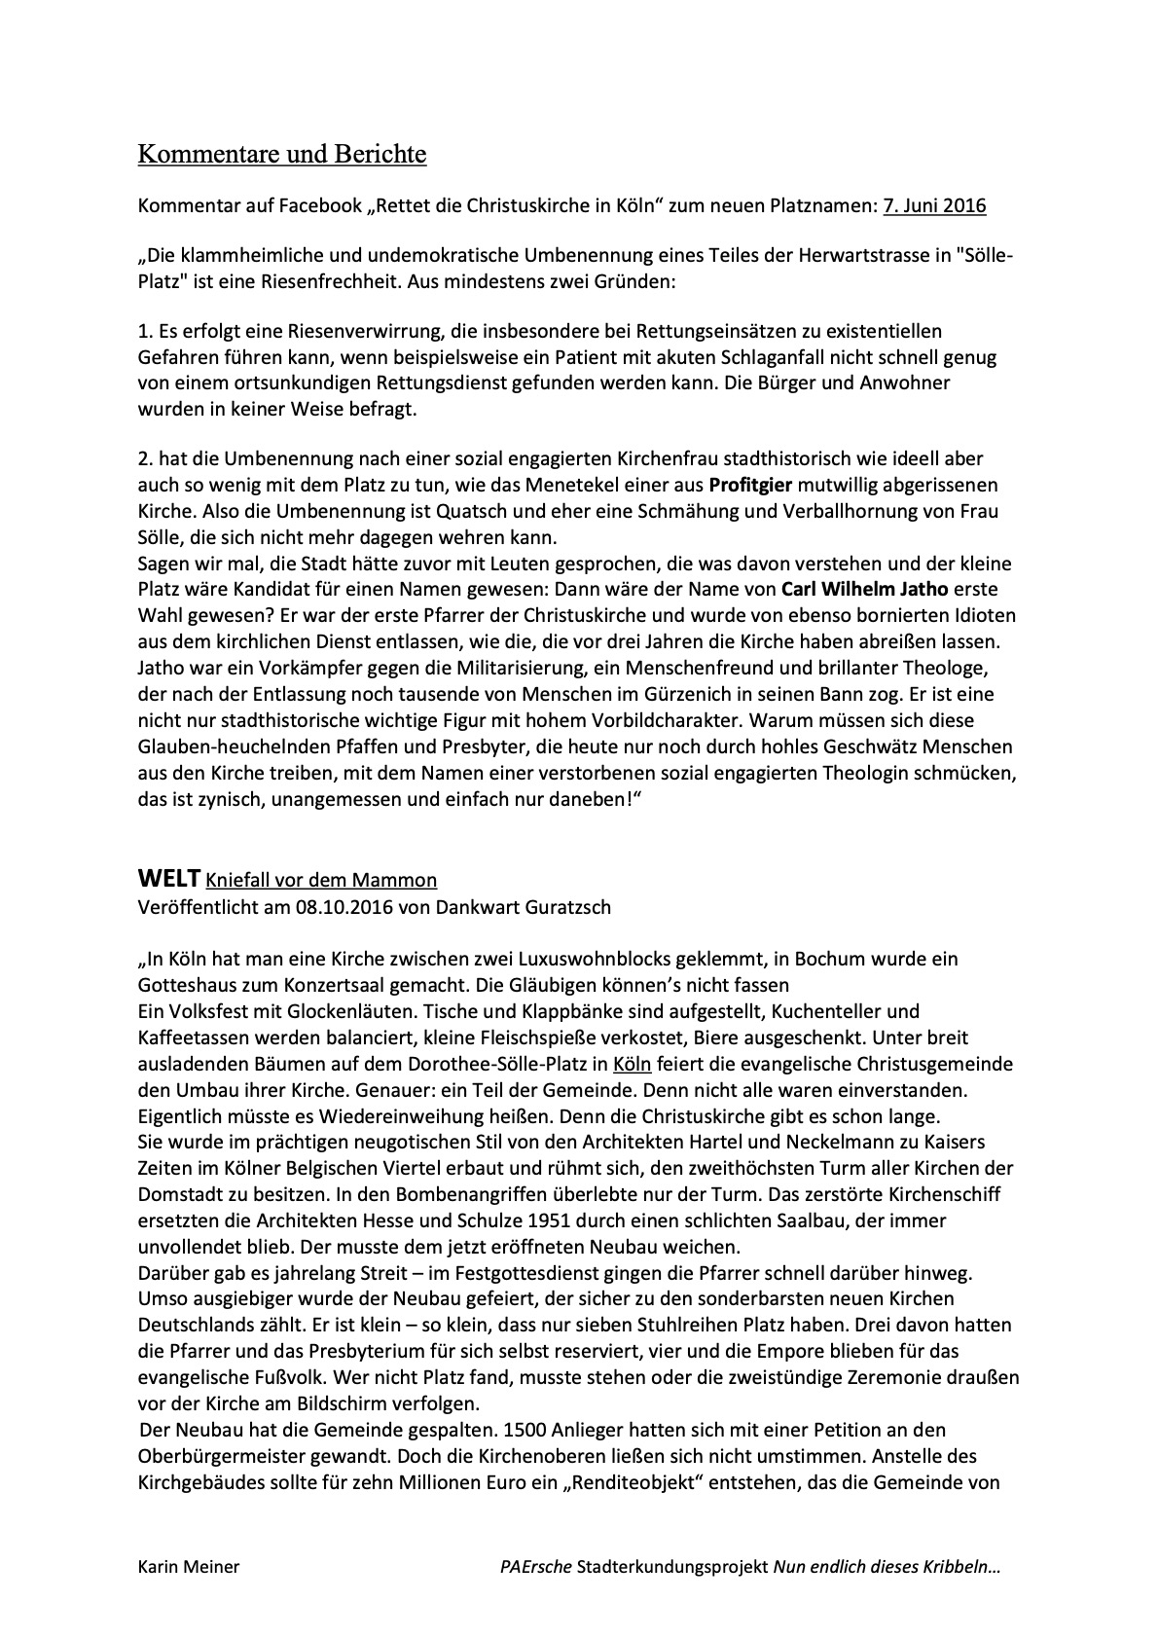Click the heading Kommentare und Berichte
point(281,154)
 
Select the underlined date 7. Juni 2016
point(934,205)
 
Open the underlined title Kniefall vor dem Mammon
point(321,881)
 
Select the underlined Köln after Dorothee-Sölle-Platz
point(633,1064)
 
